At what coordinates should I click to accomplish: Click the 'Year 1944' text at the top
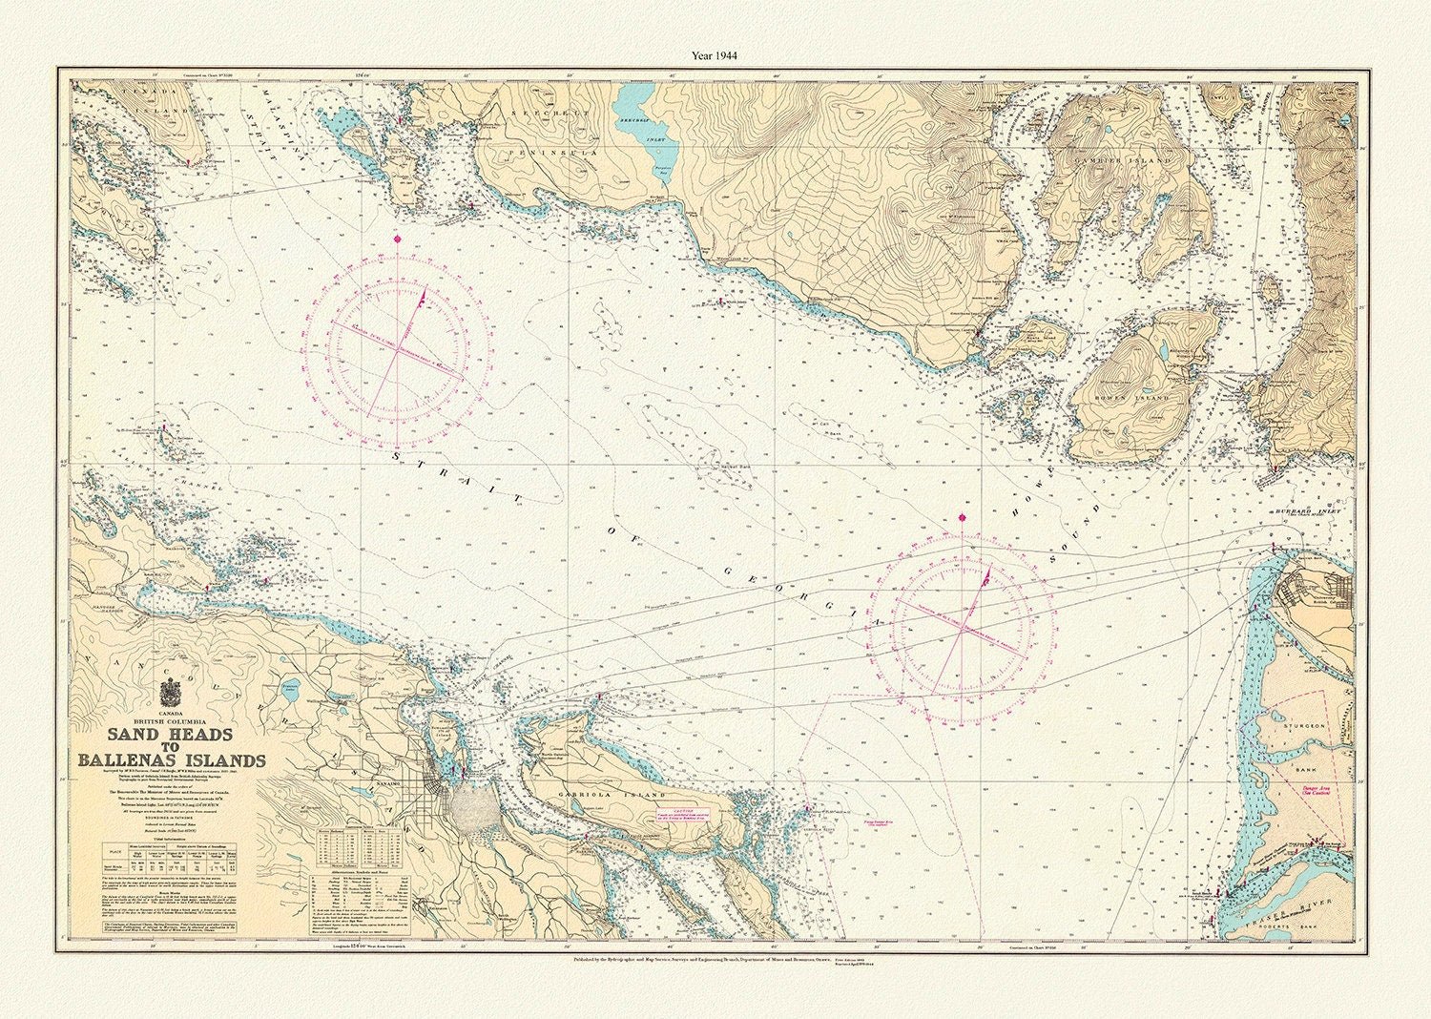(715, 54)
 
